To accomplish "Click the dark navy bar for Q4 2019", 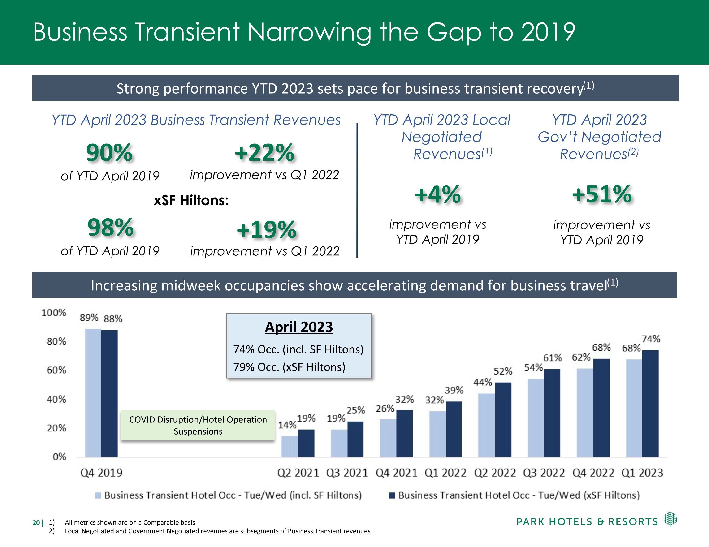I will (109, 393).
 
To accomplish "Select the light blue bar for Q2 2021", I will (289, 446).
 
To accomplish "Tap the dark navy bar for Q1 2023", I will (650, 404).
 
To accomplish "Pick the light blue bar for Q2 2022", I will (486, 425).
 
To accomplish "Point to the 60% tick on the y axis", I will (56, 370).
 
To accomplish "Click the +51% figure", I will (601, 194).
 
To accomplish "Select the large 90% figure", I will (109, 153).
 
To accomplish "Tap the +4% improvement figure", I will (438, 194).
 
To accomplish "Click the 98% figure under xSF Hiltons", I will (110, 227).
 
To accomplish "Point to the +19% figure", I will (266, 229).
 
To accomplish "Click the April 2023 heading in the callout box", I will (299, 327).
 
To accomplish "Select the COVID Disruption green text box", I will (198, 425).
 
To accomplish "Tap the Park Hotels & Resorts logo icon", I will (670, 519).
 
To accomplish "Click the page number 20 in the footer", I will (36, 523).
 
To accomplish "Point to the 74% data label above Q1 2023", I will (651, 339).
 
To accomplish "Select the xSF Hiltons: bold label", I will (191, 200).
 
